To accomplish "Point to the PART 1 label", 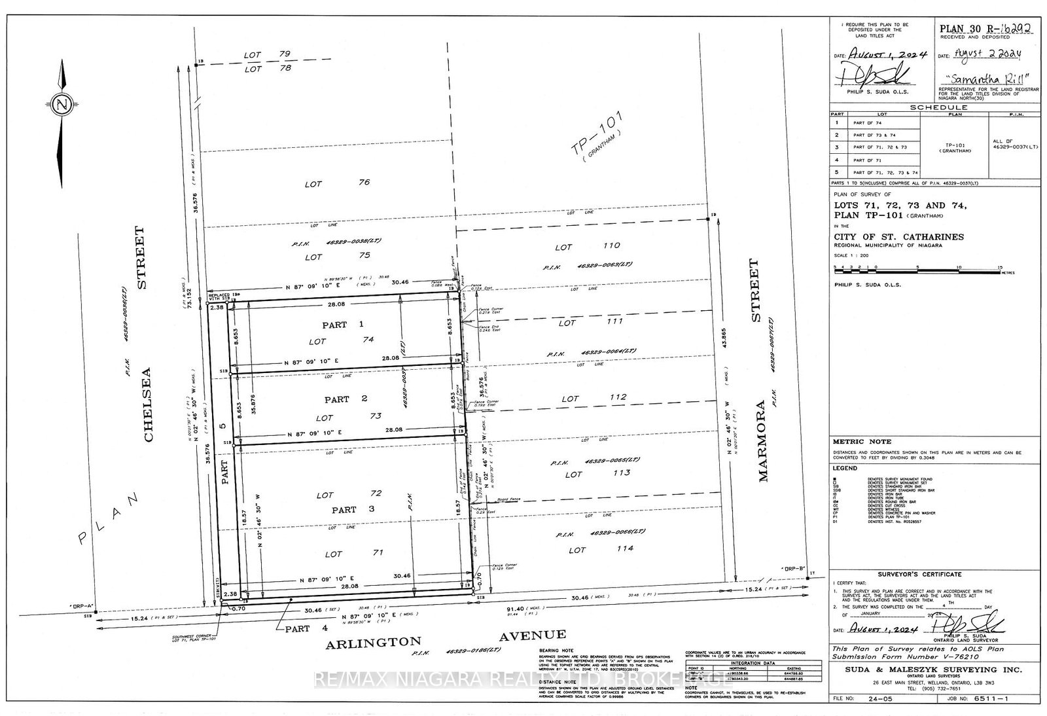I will [x=343, y=325].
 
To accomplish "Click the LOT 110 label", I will [x=587, y=246].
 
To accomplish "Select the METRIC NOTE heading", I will [x=857, y=442].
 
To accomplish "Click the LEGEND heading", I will [x=845, y=468].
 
